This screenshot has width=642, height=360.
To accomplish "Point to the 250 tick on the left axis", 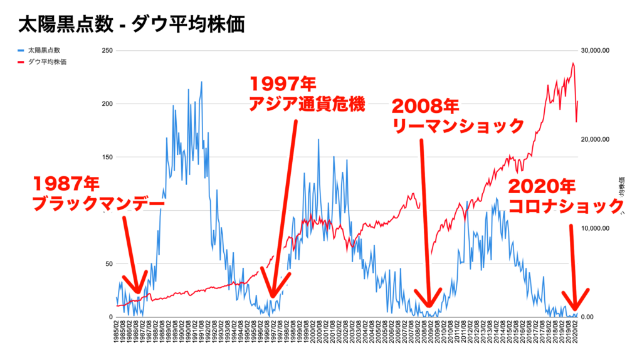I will pyautogui.click(x=107, y=51).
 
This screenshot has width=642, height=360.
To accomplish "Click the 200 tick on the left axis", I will pyautogui.click(x=107, y=104).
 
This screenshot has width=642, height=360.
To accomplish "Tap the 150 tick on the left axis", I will pyautogui.click(x=107, y=157).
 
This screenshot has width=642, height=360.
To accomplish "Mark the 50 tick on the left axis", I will pyautogui.click(x=109, y=264).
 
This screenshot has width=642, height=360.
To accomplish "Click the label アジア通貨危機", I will pyautogui.click(x=307, y=104).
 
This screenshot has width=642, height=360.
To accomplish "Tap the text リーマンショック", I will pyautogui.click(x=458, y=125).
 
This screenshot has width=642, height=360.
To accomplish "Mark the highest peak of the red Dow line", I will pyautogui.click(x=573, y=63).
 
